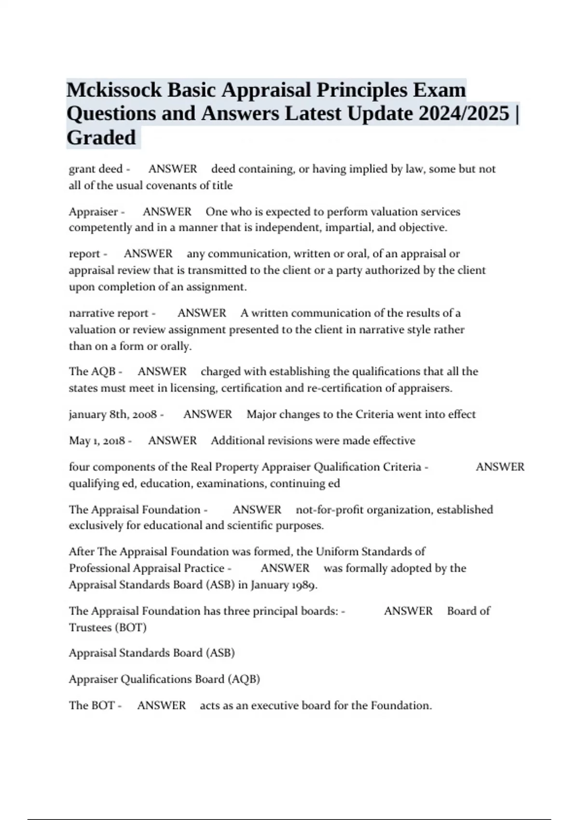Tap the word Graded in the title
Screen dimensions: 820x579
tap(101, 138)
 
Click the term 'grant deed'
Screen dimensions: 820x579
tap(96, 169)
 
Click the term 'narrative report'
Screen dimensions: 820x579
tap(109, 314)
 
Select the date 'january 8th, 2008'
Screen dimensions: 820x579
tap(113, 415)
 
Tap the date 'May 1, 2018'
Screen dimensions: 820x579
tap(97, 441)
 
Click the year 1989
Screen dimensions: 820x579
tap(303, 586)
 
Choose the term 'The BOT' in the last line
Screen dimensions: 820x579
tap(92, 706)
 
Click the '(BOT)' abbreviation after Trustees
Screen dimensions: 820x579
tap(131, 628)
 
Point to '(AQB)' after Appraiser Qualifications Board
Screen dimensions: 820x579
tap(245, 680)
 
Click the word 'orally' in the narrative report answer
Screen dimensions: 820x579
tap(176, 346)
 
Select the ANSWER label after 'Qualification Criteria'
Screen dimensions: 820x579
tap(500, 467)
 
